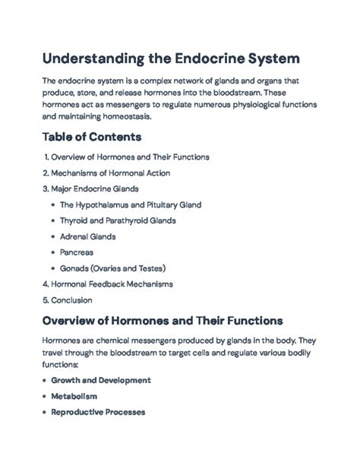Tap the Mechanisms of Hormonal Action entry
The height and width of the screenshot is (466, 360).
click(x=111, y=173)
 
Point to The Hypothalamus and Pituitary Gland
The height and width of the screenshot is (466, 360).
click(x=130, y=204)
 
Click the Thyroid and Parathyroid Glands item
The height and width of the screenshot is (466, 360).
click(x=118, y=220)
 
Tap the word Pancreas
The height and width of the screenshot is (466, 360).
click(x=77, y=252)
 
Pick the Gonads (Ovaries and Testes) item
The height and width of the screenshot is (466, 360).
click(x=112, y=268)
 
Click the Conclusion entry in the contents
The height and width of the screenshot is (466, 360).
click(x=71, y=300)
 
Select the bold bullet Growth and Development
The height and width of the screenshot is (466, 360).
click(x=100, y=380)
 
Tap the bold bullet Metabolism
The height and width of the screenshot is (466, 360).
click(x=75, y=396)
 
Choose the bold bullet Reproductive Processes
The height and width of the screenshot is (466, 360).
click(x=98, y=412)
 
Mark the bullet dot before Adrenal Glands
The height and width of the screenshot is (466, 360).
click(x=52, y=236)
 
